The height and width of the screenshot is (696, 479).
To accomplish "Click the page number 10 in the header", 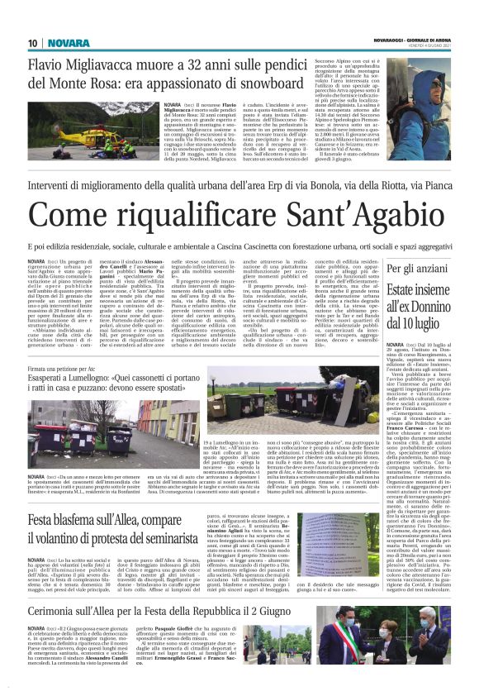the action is tap(32, 43).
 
